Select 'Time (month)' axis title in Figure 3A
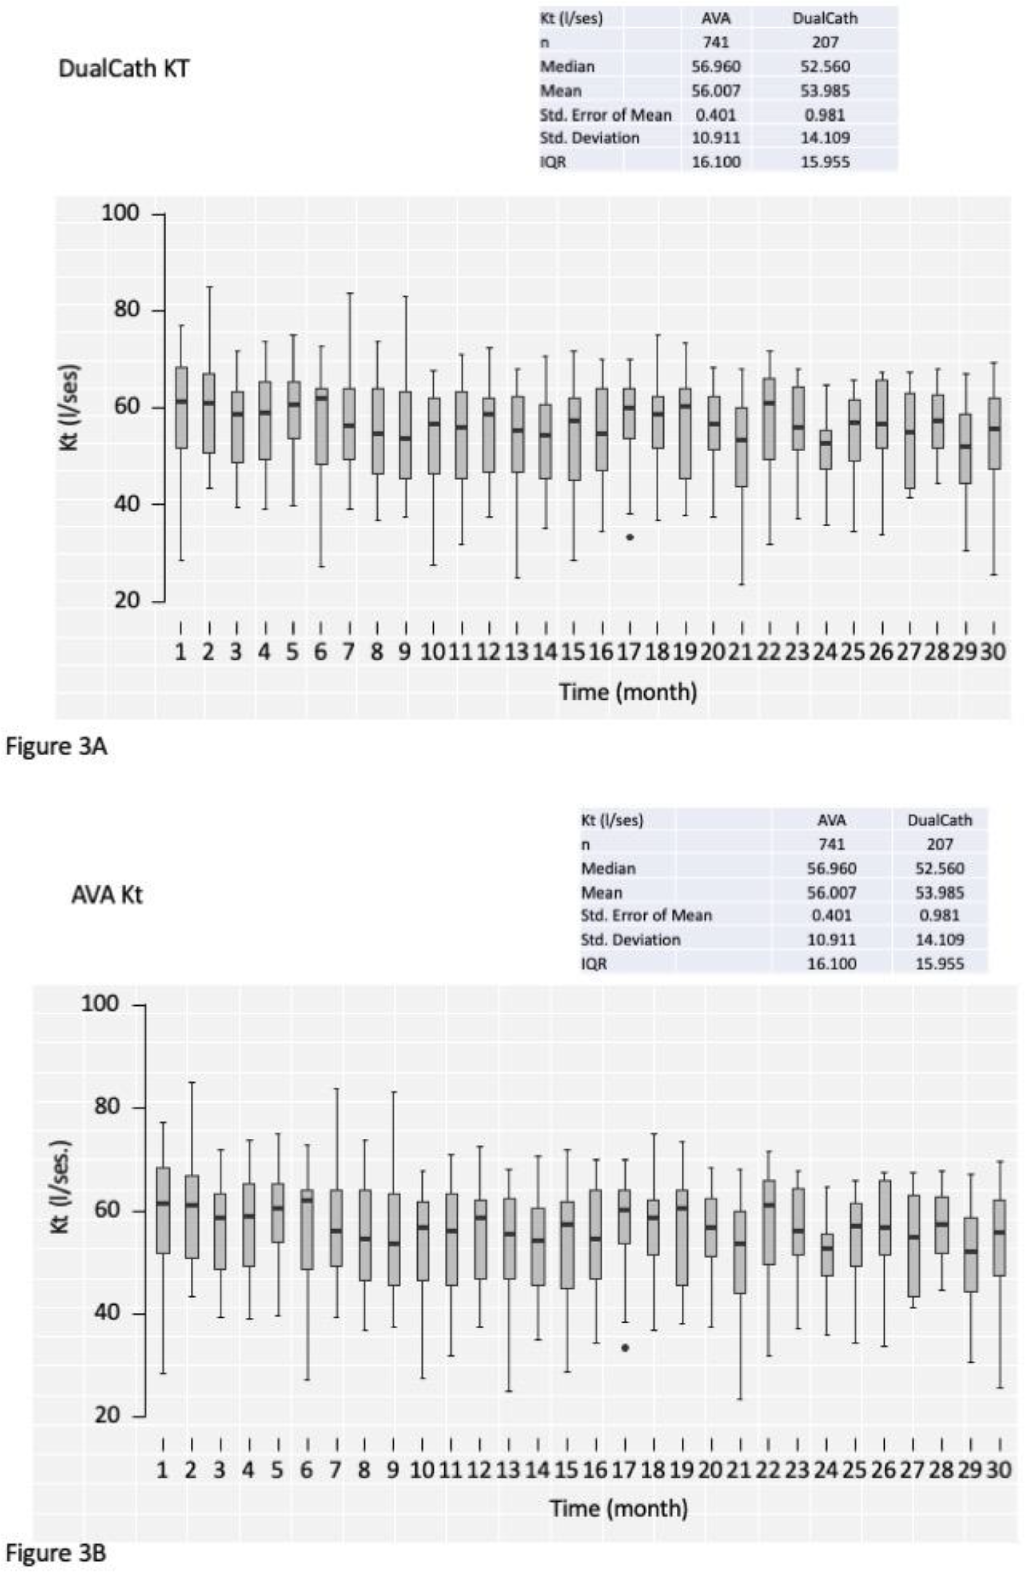click(628, 691)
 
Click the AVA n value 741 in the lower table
click(831, 845)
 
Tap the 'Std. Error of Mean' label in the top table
click(605, 114)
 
